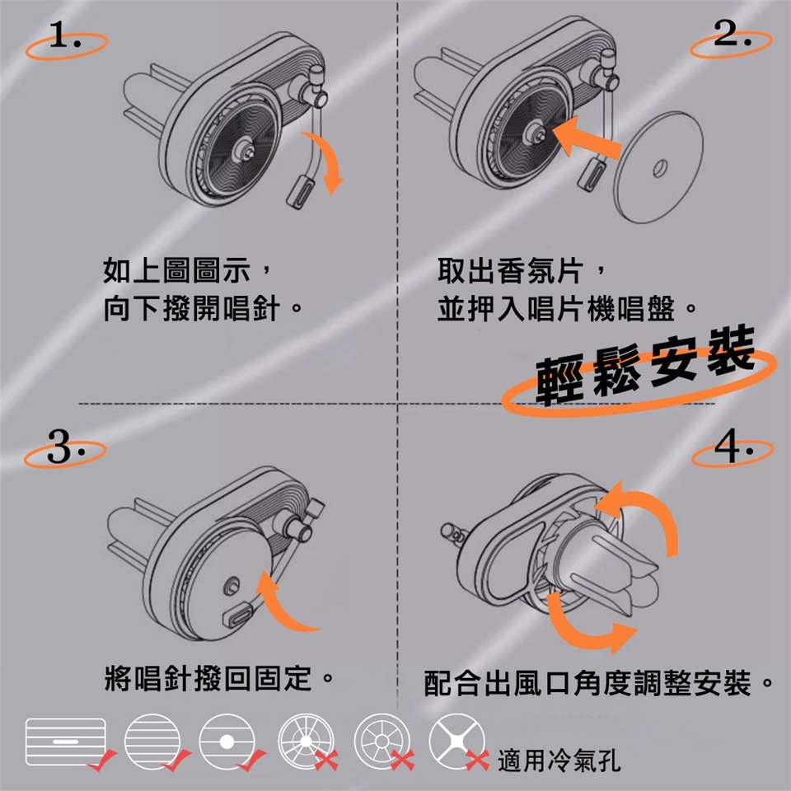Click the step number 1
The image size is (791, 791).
(64, 35)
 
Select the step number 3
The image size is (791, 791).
(64, 446)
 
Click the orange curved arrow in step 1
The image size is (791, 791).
(327, 157)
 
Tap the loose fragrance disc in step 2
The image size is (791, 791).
(659, 167)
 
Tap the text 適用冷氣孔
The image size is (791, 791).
(559, 761)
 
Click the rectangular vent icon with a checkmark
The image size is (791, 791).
(66, 742)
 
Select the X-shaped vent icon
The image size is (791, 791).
(456, 741)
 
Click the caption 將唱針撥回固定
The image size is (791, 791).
(208, 678)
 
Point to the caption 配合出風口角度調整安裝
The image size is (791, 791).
(587, 684)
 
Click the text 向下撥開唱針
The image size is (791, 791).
(192, 309)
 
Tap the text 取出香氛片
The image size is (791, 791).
(510, 271)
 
